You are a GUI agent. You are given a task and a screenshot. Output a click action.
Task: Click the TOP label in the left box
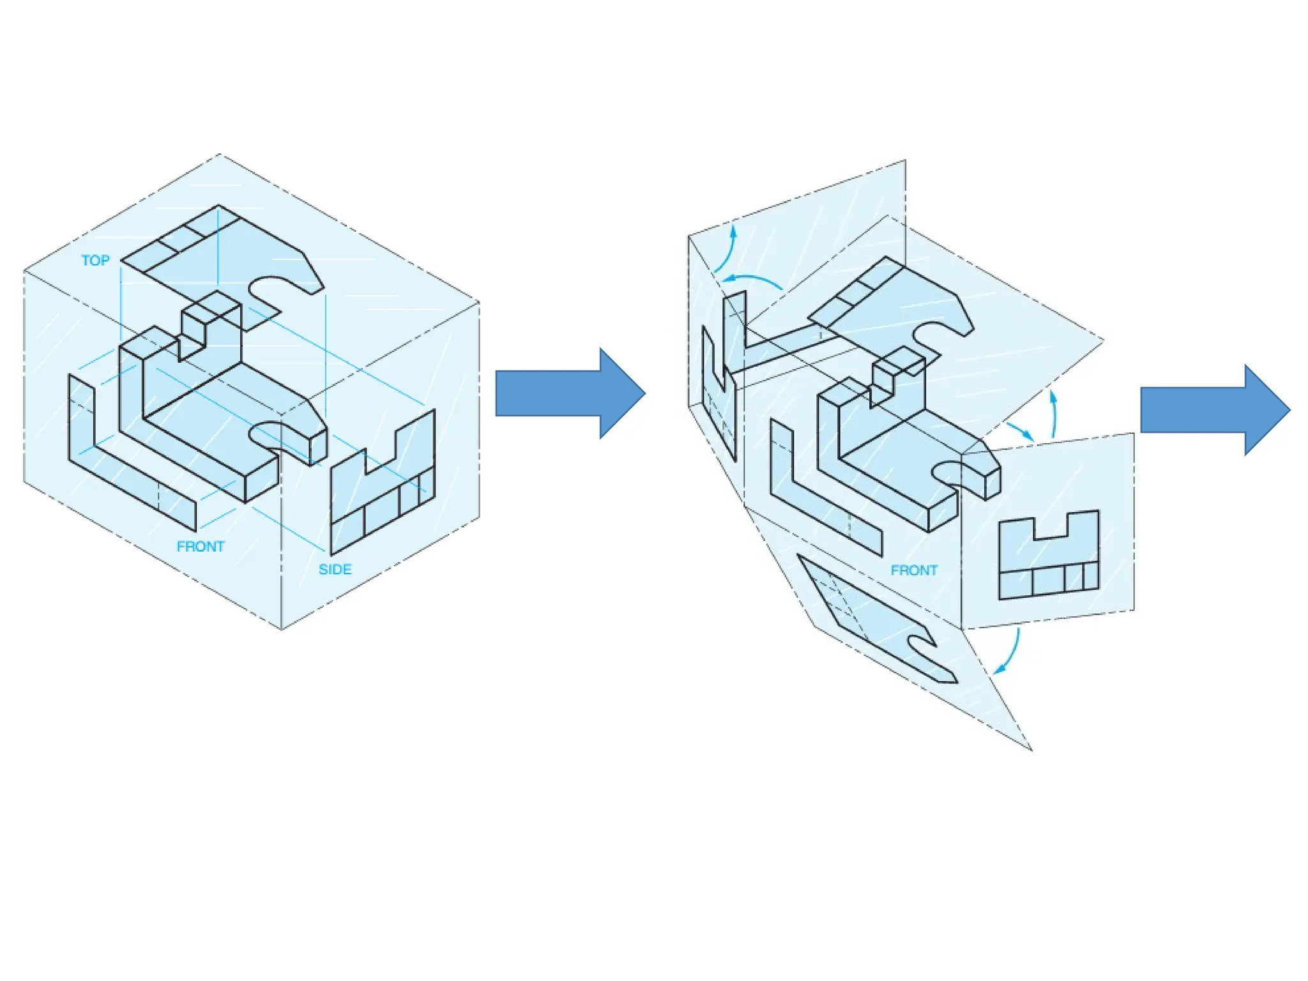click(x=95, y=261)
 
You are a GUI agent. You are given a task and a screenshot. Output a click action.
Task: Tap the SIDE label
click(x=335, y=569)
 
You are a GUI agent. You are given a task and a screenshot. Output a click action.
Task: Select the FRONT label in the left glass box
click(x=201, y=547)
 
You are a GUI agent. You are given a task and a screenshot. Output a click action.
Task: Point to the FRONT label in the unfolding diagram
click(x=914, y=570)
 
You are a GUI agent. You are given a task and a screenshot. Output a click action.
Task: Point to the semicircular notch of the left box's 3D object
click(x=265, y=434)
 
